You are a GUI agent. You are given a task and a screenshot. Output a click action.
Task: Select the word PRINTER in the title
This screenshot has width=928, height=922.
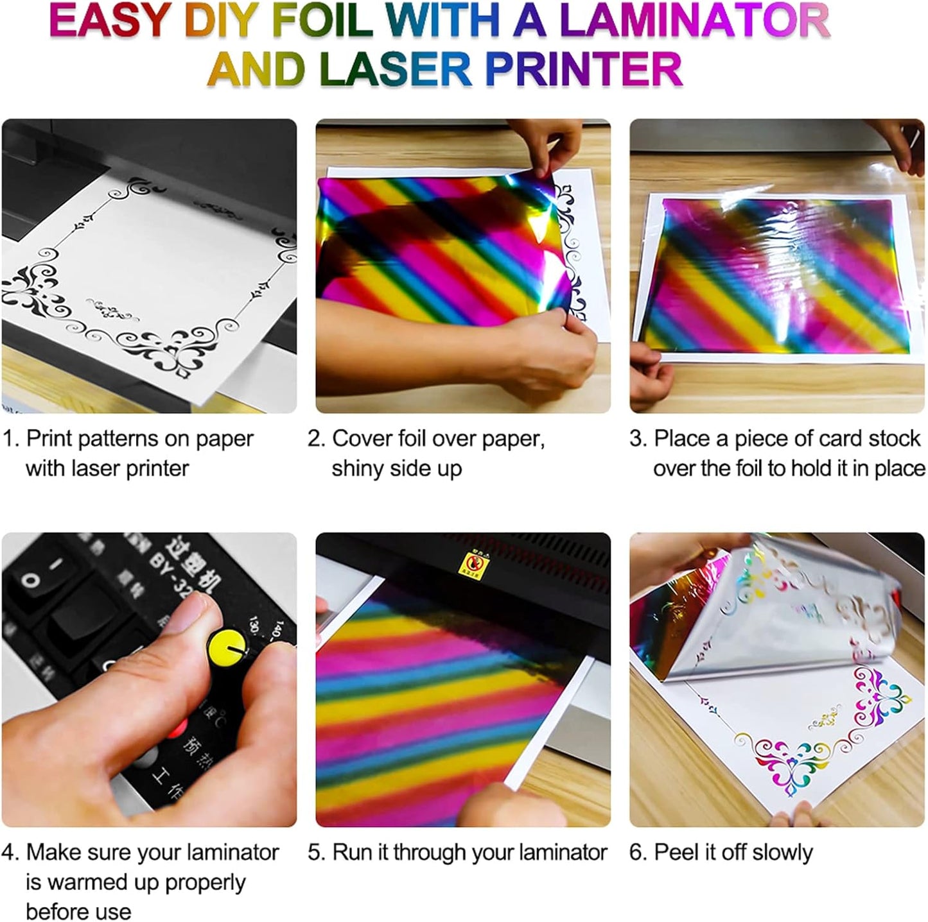[584, 69]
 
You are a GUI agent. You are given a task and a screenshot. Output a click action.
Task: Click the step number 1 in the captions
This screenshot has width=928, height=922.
[8, 440]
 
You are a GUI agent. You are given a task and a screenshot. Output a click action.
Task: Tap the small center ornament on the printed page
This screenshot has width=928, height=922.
[113, 310]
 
